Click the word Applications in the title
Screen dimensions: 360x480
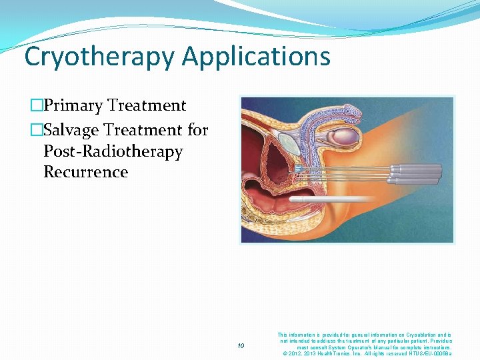tap(256, 57)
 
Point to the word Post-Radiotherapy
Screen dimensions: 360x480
tap(113, 151)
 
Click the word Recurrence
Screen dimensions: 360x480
tap(85, 172)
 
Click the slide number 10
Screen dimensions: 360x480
tap(242, 345)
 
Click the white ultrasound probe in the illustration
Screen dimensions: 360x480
tap(333, 199)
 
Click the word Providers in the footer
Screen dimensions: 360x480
tap(437, 341)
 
